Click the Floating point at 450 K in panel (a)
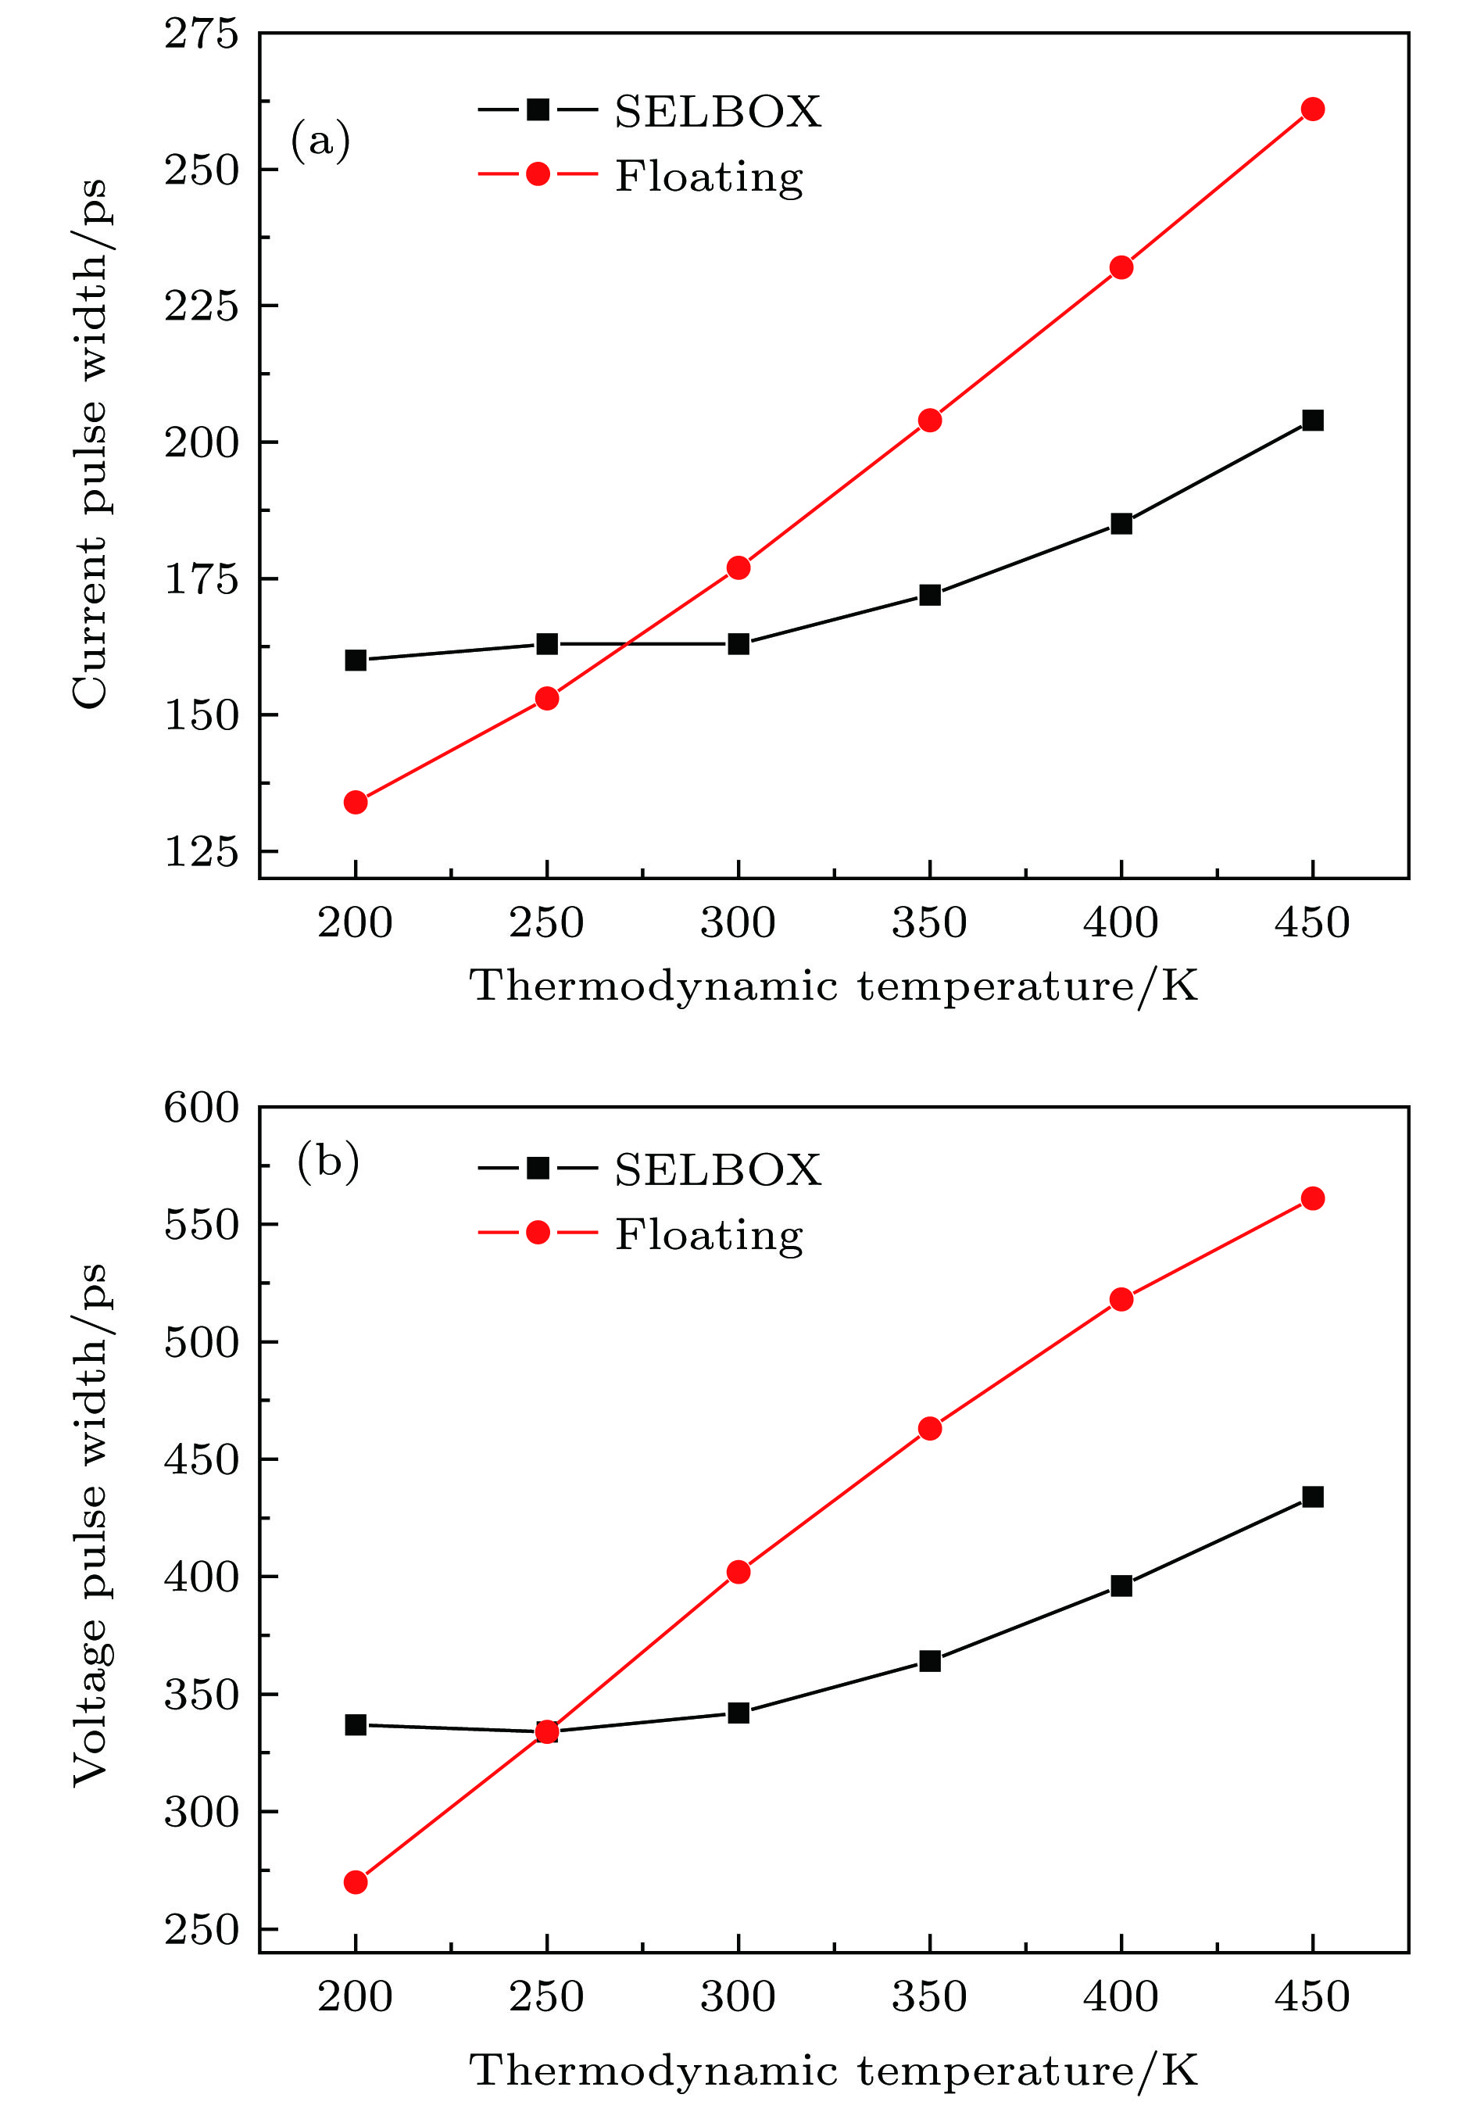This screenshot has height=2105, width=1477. (x=1312, y=109)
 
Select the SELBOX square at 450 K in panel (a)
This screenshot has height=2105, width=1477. (x=1312, y=420)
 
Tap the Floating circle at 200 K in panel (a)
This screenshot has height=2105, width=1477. (x=356, y=802)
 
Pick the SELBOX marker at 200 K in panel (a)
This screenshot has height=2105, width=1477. (x=356, y=660)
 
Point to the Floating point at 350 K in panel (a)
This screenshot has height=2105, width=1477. (x=930, y=420)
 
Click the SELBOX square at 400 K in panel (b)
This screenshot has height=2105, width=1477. (x=1121, y=1586)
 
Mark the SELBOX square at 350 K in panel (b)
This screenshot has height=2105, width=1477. (x=930, y=1660)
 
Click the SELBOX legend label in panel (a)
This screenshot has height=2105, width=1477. (x=717, y=112)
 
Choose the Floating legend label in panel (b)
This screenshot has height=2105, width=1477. (x=709, y=1235)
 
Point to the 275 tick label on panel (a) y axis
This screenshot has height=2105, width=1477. (x=201, y=35)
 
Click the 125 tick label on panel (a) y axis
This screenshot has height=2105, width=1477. (x=201, y=852)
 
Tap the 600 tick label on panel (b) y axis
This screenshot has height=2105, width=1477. (x=201, y=1108)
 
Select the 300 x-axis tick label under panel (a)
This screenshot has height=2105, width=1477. (x=738, y=923)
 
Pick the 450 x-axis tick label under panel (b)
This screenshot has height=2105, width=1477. (x=1312, y=1997)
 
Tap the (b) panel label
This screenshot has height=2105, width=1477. (x=327, y=1162)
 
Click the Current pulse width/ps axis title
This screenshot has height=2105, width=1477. (x=90, y=444)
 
